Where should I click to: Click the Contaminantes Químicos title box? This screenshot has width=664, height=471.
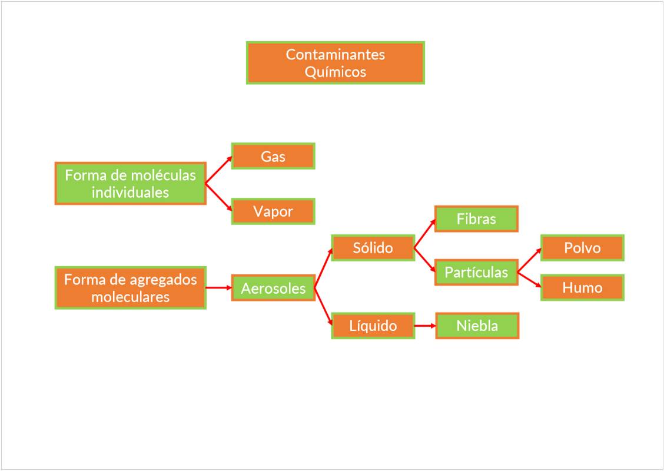click(335, 62)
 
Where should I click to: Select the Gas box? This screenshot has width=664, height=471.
click(273, 156)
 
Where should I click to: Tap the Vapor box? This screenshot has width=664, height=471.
click(273, 211)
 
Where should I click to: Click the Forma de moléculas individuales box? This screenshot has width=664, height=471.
click(131, 184)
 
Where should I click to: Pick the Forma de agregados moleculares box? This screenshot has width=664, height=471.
click(131, 288)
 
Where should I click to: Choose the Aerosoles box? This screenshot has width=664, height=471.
click(273, 288)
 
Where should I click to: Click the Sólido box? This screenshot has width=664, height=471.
click(373, 248)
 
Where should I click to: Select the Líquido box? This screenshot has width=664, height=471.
click(373, 326)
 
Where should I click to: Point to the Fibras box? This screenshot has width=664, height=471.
click(476, 219)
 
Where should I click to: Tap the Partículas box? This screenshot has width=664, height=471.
click(476, 273)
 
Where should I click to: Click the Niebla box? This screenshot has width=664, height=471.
click(477, 326)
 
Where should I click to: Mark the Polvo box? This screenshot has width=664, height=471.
click(582, 248)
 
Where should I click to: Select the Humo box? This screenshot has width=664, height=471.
click(582, 288)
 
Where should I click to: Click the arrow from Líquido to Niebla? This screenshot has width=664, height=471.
click(425, 326)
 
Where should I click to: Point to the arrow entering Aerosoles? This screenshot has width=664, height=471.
click(219, 288)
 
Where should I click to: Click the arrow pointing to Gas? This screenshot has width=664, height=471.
click(218, 170)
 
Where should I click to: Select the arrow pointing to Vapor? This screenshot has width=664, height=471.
click(218, 198)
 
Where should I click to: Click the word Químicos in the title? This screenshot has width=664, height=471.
click(335, 72)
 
